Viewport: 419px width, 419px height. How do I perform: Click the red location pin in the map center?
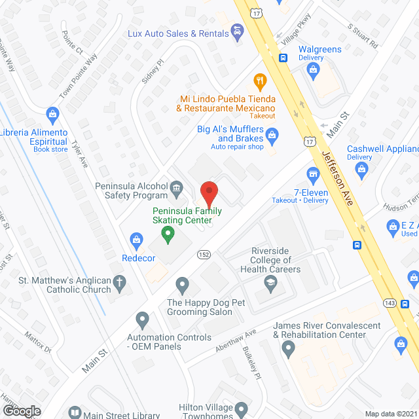[x=209, y=194]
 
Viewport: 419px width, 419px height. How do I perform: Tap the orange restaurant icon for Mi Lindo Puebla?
[x=260, y=81]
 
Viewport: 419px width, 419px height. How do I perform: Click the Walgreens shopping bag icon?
[x=314, y=69]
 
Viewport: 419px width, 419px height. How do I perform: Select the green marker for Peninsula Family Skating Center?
[x=168, y=233]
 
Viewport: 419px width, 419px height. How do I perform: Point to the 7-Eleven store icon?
[x=313, y=174]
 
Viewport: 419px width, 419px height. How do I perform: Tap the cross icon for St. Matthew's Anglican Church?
[x=119, y=283]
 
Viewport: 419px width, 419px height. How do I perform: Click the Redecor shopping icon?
[x=137, y=240]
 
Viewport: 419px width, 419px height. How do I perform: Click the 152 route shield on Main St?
[x=204, y=254]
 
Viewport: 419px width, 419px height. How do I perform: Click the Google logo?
[x=22, y=411]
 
